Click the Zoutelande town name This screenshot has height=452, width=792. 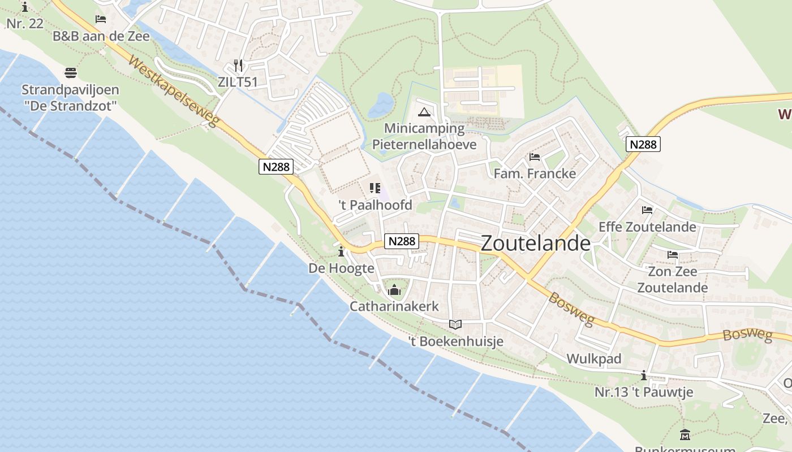coord(535,243)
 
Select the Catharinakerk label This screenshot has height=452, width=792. coord(394,307)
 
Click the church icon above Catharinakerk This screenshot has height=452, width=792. coord(394,291)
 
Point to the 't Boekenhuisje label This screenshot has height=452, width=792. coord(455,341)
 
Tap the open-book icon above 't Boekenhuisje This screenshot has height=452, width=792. coord(455,324)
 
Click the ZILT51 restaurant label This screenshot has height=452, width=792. coord(238,82)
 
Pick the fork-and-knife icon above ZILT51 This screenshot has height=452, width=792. coord(238,66)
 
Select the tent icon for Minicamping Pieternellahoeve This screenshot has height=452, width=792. coord(424,112)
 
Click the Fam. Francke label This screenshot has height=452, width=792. coord(535,173)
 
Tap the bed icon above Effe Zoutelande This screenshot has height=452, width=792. coord(647,210)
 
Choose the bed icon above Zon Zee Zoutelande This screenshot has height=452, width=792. coord(673,255)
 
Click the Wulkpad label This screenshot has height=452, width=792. coord(594,359)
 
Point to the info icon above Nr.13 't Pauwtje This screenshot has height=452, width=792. coord(643,375)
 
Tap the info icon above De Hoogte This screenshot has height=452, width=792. coord(341,251)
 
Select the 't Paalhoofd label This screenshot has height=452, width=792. coord(375,205)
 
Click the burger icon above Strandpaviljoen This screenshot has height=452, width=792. coord(71,73)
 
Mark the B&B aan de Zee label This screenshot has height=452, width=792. coord(101,36)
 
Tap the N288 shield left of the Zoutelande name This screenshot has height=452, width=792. coord(402,241)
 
